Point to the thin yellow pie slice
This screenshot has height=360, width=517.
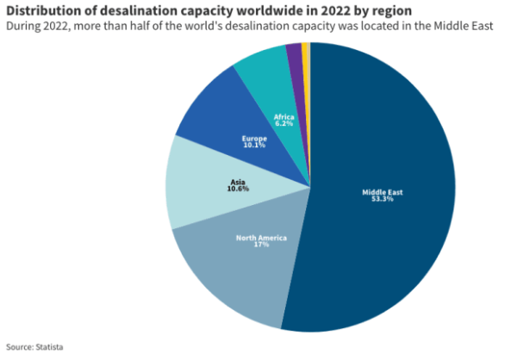point(306,52)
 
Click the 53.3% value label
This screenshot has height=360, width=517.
point(383,199)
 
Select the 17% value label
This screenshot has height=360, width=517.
point(261,245)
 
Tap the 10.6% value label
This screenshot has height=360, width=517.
point(239,189)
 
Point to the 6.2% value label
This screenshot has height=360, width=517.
point(283,123)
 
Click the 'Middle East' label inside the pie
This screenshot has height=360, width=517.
point(383,191)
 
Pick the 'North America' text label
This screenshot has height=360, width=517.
point(261,237)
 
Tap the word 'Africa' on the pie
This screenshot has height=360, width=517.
point(283,115)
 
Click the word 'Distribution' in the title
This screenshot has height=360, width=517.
point(43,9)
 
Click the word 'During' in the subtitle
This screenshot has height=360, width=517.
point(22,26)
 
